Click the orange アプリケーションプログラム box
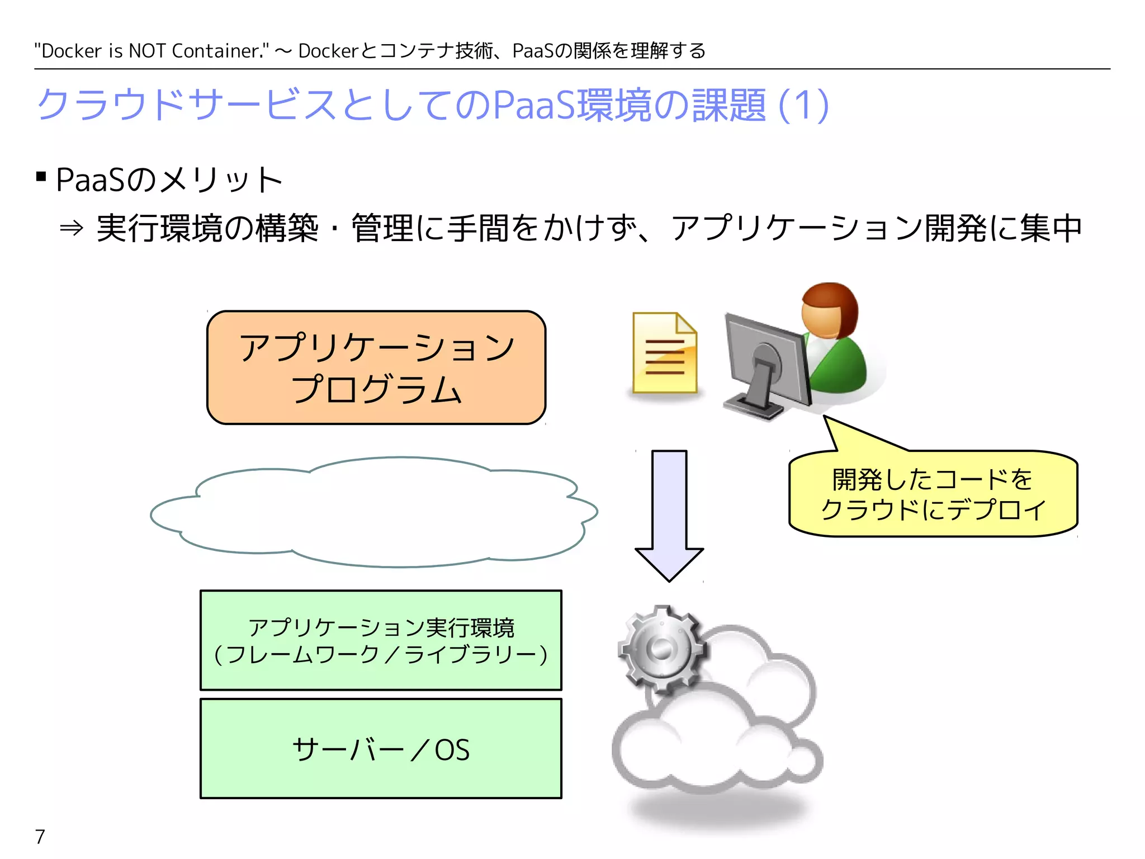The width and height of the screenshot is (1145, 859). pyautogui.click(x=376, y=367)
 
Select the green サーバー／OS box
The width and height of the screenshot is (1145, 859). pyautogui.click(x=381, y=748)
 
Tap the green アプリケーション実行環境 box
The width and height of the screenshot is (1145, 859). pyautogui.click(x=381, y=640)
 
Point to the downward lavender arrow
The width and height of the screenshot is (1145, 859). pyautogui.click(x=669, y=515)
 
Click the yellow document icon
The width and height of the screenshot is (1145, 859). pyautogui.click(x=665, y=353)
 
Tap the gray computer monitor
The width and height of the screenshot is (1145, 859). pyautogui.click(x=766, y=364)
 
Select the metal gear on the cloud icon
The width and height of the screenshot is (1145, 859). pyautogui.click(x=661, y=649)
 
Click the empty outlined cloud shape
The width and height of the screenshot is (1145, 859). pyautogui.click(x=373, y=512)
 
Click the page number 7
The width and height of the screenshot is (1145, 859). pyautogui.click(x=40, y=837)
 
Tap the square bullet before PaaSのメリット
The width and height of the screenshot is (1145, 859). pyautogui.click(x=41, y=177)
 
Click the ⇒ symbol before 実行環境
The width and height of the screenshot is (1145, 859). pyautogui.click(x=72, y=228)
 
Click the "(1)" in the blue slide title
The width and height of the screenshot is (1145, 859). pyautogui.click(x=803, y=105)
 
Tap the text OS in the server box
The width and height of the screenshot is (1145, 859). pyautogui.click(x=452, y=750)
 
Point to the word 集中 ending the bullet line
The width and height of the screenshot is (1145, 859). pyautogui.click(x=1051, y=228)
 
